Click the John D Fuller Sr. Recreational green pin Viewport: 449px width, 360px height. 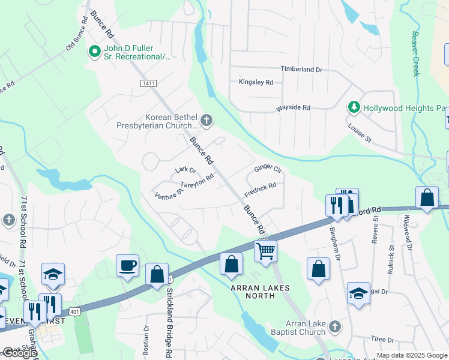94,52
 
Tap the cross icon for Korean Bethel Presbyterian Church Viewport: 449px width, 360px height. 206,121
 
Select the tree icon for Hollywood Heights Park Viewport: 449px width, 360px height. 354,107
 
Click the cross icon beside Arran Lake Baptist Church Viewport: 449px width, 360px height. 335,327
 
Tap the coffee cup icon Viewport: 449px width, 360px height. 128,266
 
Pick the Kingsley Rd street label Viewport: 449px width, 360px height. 256,82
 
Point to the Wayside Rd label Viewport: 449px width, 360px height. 293,108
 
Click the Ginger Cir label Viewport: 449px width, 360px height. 268,169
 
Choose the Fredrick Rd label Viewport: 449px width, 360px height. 260,191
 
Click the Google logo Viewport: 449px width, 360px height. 20,353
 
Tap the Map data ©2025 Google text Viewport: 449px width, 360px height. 412,355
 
